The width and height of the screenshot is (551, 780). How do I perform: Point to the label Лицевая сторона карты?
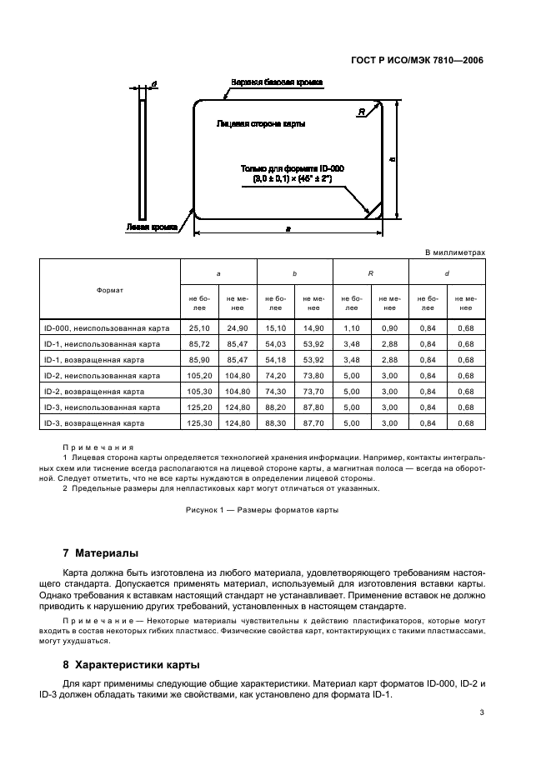pyautogui.click(x=260, y=123)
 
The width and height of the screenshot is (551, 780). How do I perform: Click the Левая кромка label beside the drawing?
pyautogui.click(x=151, y=226)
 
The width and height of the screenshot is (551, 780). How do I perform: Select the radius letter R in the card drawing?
pyautogui.click(x=360, y=112)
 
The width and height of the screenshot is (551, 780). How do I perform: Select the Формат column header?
pyautogui.click(x=110, y=290)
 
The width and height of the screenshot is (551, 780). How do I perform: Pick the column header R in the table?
pyautogui.click(x=370, y=273)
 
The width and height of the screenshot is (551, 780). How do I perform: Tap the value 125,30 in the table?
pyautogui.click(x=200, y=423)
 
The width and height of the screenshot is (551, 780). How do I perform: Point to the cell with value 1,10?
pyautogui.click(x=351, y=328)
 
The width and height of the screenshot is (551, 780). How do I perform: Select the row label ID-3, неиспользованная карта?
pyautogui.click(x=102, y=407)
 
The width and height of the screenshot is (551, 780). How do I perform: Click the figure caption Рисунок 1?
pyautogui.click(x=262, y=510)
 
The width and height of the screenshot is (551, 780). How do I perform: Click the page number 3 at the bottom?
pyautogui.click(x=482, y=712)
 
